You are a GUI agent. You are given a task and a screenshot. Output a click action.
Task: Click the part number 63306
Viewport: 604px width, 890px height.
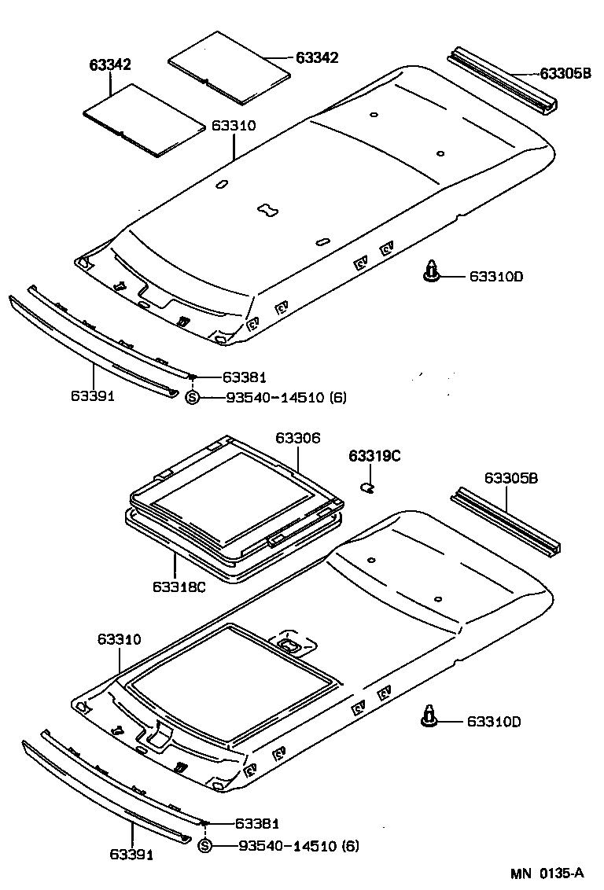pos(298,438)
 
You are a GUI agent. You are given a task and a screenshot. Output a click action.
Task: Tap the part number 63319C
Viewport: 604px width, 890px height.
pos(375,456)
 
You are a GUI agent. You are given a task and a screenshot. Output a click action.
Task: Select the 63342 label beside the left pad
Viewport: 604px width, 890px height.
pos(109,65)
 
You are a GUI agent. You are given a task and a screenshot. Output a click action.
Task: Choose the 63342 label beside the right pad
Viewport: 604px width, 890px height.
pos(317,57)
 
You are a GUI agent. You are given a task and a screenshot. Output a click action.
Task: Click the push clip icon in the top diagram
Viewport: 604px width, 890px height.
pos(431,271)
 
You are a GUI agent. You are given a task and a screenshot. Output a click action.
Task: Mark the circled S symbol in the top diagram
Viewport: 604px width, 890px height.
pos(193,398)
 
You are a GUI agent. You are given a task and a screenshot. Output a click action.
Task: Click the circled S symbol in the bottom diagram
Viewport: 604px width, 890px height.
pos(204,846)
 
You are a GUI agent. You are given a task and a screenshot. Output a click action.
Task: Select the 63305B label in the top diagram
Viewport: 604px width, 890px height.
pos(565,75)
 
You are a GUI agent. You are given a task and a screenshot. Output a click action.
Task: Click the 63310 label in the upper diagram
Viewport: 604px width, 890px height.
pos(234,126)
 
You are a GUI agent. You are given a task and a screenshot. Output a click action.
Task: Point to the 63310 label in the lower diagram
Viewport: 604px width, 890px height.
pos(120,639)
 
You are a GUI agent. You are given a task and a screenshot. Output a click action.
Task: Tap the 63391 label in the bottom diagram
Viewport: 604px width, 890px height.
pos(131,854)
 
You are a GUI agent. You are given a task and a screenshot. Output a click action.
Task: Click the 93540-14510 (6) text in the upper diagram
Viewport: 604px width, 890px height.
pos(285,398)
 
